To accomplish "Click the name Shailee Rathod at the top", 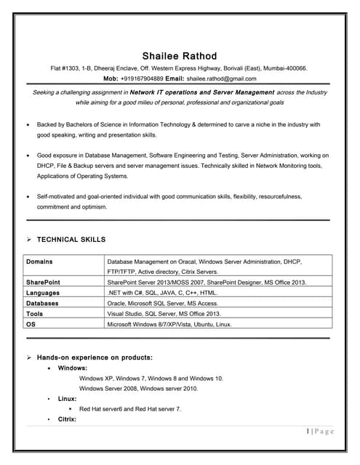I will (x=179, y=56).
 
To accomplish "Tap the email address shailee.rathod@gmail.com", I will (x=222, y=78).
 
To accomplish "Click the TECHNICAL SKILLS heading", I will (x=71, y=239).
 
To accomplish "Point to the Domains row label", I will (x=39, y=261).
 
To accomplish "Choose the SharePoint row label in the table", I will (x=43, y=282).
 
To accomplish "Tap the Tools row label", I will (x=34, y=314).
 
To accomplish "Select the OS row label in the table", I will (x=31, y=324).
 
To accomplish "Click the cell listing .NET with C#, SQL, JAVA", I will (x=162, y=292).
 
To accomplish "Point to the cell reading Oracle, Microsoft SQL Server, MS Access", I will (x=162, y=303).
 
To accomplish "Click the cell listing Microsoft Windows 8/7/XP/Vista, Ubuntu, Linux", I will (x=169, y=324).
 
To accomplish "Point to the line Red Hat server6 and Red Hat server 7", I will (x=130, y=409).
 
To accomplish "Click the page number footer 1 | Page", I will (x=320, y=432).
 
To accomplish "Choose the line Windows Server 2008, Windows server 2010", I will (x=138, y=389).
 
